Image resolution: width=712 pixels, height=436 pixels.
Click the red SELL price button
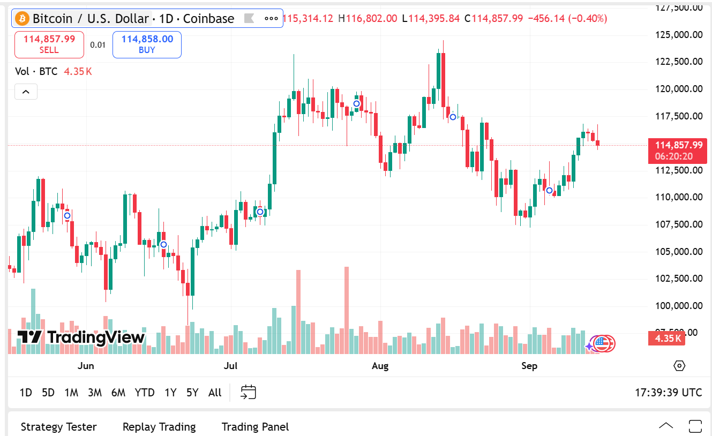(49, 44)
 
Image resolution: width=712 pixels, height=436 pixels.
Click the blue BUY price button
(147, 44)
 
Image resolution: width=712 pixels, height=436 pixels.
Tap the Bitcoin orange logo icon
(23, 19)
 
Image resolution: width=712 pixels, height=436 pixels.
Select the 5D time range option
(48, 393)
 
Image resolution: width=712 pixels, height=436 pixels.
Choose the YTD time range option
(145, 393)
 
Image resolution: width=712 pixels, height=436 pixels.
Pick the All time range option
(215, 393)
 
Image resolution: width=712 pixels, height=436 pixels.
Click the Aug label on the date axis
(380, 366)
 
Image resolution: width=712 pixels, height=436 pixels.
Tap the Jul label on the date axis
(230, 366)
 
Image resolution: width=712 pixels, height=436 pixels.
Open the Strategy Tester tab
(58, 427)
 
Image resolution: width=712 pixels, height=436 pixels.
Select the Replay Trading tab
(159, 427)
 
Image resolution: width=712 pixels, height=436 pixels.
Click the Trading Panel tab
(255, 427)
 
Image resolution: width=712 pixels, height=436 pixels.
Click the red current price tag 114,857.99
(679, 145)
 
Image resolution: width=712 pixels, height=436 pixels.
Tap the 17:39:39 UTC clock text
(668, 393)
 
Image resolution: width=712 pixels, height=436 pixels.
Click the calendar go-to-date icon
(249, 392)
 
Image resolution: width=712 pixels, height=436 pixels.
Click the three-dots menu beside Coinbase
(271, 19)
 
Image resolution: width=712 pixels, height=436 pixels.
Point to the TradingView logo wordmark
(81, 337)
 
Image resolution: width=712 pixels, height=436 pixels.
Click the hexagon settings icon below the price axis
(679, 366)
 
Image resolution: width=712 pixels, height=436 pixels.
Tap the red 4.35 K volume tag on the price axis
(668, 338)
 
